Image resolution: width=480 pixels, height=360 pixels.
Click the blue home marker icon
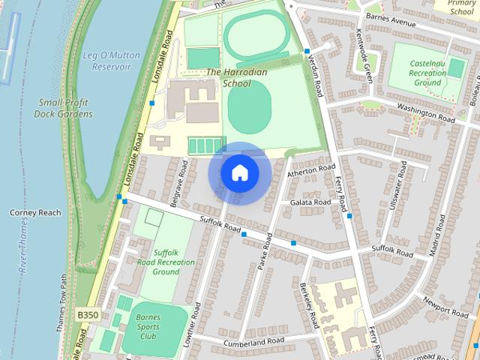click(x=239, y=173)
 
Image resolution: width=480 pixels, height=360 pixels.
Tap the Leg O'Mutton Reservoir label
click(x=106, y=61)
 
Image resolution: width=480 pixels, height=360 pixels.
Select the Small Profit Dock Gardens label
click(x=64, y=108)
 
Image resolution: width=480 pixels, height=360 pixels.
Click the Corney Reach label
click(x=35, y=213)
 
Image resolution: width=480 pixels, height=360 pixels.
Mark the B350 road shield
click(x=88, y=316)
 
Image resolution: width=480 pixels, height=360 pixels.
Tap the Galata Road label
click(x=310, y=202)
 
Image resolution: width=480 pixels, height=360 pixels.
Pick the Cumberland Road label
click(x=244, y=342)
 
